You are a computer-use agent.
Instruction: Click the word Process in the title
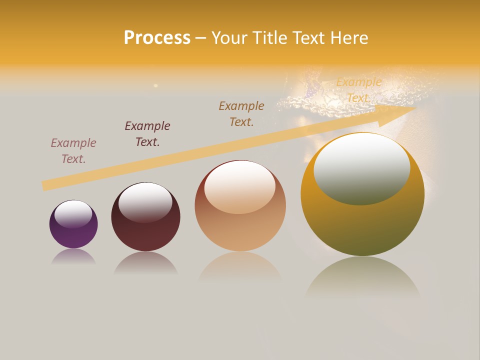point(157,38)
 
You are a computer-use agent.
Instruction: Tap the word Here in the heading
point(349,38)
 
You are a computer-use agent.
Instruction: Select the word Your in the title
point(230,38)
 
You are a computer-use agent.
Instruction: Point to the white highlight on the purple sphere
point(73,213)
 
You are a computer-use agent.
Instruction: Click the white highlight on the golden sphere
point(361,168)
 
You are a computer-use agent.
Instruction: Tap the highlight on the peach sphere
point(240,186)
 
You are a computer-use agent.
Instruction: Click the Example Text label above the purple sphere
point(73,151)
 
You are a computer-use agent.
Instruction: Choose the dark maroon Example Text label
point(147,134)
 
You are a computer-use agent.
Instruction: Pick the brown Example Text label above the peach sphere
point(241,114)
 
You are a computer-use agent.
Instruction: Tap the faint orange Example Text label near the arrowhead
point(358,90)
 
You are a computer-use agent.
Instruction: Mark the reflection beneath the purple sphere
point(73,256)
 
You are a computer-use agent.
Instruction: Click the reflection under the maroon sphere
point(145,262)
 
